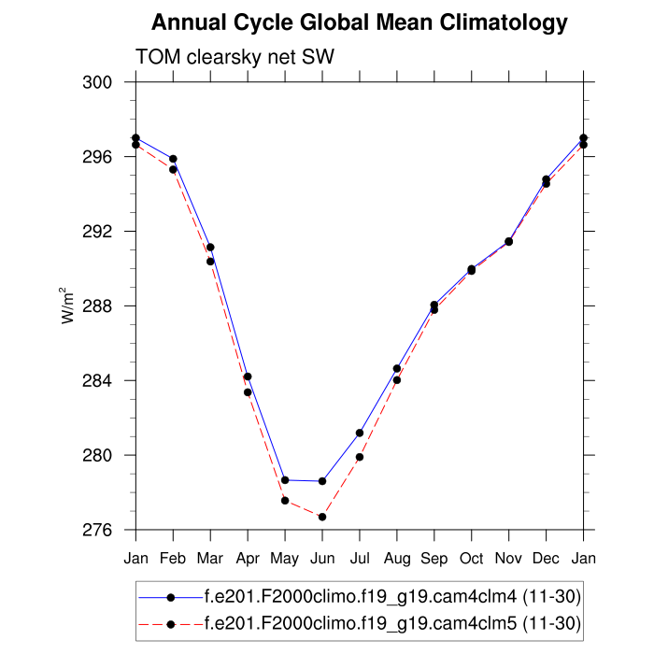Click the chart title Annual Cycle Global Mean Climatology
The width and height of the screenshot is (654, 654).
pyautogui.click(x=359, y=22)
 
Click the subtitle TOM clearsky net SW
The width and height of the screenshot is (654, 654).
pyautogui.click(x=235, y=57)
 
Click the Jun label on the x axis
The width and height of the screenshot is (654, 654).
pyautogui.click(x=322, y=558)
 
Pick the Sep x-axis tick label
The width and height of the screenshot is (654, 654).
pyautogui.click(x=434, y=558)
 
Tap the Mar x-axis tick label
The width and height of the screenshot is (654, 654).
pyautogui.click(x=210, y=558)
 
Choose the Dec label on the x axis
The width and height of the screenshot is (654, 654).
pyautogui.click(x=547, y=558)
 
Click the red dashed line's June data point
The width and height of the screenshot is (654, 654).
pyautogui.click(x=322, y=517)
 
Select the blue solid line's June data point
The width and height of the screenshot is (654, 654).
pyautogui.click(x=322, y=481)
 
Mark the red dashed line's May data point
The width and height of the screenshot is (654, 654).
pyautogui.click(x=285, y=501)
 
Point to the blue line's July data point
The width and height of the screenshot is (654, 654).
pyautogui.click(x=360, y=433)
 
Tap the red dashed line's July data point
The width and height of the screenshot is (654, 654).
pyautogui.click(x=360, y=457)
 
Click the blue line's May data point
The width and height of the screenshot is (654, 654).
pyautogui.click(x=285, y=480)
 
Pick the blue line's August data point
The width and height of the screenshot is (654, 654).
pyautogui.click(x=397, y=368)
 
